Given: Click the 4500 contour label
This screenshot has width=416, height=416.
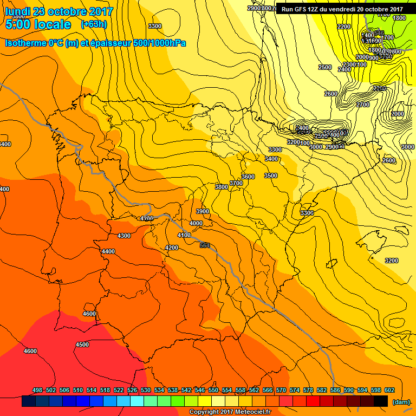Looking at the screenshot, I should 82,344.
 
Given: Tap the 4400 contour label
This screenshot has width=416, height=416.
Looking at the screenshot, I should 108,251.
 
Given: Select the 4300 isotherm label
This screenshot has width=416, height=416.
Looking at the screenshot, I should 124,236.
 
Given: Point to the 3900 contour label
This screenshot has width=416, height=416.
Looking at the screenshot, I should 203,211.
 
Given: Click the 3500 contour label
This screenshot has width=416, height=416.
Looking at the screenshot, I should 271,175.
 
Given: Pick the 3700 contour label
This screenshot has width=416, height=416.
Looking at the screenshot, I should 236,183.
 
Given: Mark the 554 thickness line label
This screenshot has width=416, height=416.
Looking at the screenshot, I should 205,245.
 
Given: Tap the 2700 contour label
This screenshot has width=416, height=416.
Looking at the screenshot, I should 363,104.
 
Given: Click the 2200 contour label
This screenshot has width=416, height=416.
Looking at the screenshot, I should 343,27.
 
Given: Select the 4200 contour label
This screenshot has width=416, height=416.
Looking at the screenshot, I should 172,248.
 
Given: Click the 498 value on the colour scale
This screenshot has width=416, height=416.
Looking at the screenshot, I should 37,390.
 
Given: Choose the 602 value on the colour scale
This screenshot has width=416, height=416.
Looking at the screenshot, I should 389,390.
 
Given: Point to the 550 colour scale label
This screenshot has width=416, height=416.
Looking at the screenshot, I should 213,390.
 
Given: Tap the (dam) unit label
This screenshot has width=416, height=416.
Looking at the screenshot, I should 400,402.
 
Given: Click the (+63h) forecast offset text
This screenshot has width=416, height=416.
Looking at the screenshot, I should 94,24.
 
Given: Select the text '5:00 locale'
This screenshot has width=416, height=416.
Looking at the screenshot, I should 38,24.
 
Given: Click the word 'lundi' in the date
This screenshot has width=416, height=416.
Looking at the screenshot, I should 17,11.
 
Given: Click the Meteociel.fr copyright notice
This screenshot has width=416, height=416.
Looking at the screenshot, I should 230,412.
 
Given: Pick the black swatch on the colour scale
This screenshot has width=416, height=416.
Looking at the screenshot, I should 381,401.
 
